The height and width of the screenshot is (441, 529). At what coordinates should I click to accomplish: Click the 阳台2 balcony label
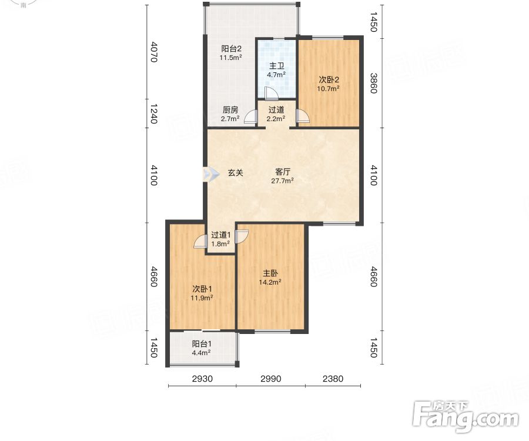[x=231, y=49]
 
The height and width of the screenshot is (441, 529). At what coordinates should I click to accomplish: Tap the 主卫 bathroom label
[x=277, y=66]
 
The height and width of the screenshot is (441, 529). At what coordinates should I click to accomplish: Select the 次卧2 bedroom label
[x=329, y=80]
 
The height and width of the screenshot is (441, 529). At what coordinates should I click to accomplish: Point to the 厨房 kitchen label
[x=230, y=110]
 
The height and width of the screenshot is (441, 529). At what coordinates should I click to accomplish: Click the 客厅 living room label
[x=283, y=172]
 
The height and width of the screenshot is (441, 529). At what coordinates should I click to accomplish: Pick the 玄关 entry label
[x=236, y=173]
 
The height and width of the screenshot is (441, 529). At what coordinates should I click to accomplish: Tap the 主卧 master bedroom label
[x=270, y=273]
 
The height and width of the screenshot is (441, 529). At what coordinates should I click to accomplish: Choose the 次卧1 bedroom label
[x=202, y=289]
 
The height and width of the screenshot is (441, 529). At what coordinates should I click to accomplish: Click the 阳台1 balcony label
[x=202, y=344]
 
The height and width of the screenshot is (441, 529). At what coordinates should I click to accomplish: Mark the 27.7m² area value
[x=282, y=181]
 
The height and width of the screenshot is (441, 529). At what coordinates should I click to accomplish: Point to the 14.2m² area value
[x=270, y=282]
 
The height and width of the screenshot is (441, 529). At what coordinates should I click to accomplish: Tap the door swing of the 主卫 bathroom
[x=270, y=93]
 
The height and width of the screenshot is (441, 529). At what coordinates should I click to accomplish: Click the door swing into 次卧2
[x=302, y=116]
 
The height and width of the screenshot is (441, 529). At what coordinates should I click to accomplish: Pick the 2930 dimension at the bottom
[x=202, y=379]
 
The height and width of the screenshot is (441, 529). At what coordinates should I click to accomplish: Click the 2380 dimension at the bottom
[x=333, y=379]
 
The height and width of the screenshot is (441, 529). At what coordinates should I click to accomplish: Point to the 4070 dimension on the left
[x=153, y=52]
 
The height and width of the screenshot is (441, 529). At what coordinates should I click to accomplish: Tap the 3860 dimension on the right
[x=373, y=83]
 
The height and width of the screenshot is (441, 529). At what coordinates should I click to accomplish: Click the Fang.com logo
[x=466, y=417]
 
